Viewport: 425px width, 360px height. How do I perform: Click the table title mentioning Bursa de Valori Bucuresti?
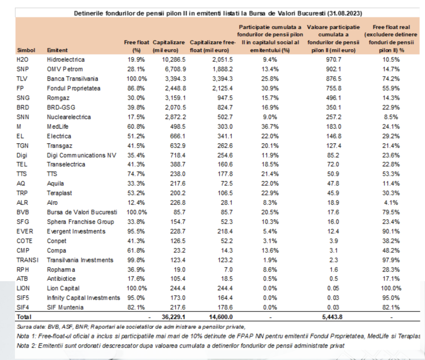[x=218, y=13]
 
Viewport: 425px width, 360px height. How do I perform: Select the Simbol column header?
[x=26, y=50]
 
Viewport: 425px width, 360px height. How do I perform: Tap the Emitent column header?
[x=57, y=50]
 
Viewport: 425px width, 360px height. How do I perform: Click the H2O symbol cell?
[x=22, y=60]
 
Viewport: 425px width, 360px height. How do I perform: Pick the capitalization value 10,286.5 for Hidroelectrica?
[x=174, y=60]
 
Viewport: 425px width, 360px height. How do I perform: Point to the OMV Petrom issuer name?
[x=65, y=69]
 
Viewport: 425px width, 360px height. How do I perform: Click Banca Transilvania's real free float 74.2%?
[x=391, y=78]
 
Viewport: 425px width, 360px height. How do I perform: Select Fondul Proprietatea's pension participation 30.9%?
[x=270, y=88]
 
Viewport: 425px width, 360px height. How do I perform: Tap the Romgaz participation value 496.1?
[x=334, y=98]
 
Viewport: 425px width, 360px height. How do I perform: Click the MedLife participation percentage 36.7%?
[x=270, y=127]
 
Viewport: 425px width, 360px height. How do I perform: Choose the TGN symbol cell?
[x=22, y=146]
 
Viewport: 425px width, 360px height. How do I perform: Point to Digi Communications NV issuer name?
[x=82, y=155]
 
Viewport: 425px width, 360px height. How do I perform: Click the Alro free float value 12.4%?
[x=136, y=203]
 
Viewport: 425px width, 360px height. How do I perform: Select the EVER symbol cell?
[x=24, y=231]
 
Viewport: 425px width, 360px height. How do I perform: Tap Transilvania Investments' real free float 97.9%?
[x=391, y=260]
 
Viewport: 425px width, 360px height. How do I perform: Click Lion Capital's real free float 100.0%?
[x=391, y=288]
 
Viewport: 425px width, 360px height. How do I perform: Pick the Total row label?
[x=24, y=317]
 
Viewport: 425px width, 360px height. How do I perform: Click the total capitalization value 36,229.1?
[x=173, y=317]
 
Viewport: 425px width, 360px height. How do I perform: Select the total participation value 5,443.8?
[x=332, y=317]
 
